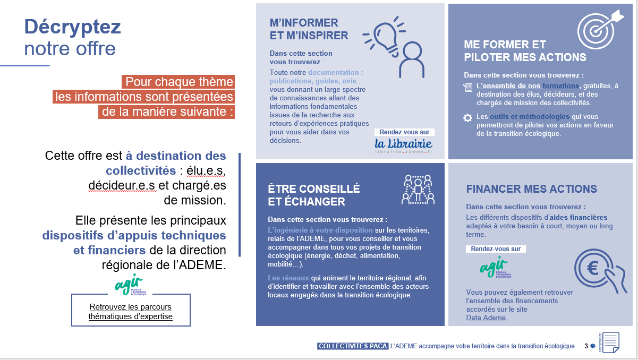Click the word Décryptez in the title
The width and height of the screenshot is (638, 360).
click(72, 26)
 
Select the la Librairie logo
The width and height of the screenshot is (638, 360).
click(403, 144)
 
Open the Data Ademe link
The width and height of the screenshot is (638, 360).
click(486, 318)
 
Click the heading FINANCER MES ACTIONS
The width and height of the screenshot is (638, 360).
click(531, 189)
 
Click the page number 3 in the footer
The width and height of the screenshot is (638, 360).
click(586, 346)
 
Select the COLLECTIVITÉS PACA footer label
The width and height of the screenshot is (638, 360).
click(352, 346)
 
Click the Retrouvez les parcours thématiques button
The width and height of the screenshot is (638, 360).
click(131, 312)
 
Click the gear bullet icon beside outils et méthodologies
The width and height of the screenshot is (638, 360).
click(467, 117)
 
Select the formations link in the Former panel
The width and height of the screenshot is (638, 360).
click(561, 85)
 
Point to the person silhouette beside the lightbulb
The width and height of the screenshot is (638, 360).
click(411, 60)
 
